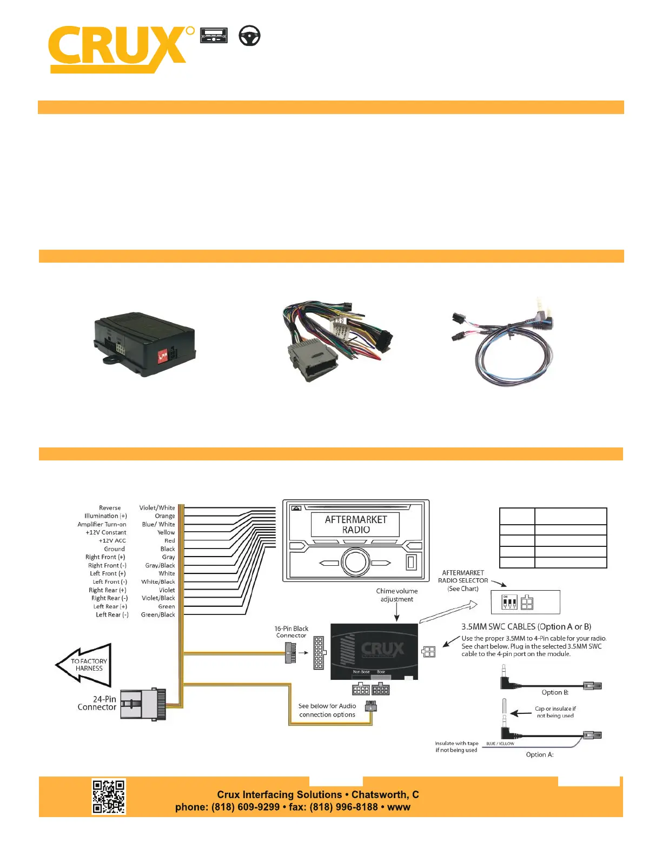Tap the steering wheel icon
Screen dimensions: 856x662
249,36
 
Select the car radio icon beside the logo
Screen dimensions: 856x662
214,36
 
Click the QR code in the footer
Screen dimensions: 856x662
109,796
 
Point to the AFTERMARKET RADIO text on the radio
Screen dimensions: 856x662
356,524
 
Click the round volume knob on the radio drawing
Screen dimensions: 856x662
355,562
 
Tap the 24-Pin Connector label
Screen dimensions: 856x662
97,703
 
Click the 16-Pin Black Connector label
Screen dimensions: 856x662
291,632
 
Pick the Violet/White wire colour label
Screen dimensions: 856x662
157,508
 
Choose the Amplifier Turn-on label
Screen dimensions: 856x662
102,524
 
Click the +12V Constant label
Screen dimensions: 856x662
105,532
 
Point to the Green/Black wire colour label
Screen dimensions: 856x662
158,614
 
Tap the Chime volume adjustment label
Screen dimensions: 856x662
396,595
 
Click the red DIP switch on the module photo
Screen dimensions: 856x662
162,356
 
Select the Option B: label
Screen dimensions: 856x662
555,692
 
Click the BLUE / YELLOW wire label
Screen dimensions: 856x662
500,744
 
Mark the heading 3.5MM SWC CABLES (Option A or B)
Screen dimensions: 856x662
526,627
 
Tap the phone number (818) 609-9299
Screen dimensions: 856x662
246,807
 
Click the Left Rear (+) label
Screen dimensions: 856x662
110,606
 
